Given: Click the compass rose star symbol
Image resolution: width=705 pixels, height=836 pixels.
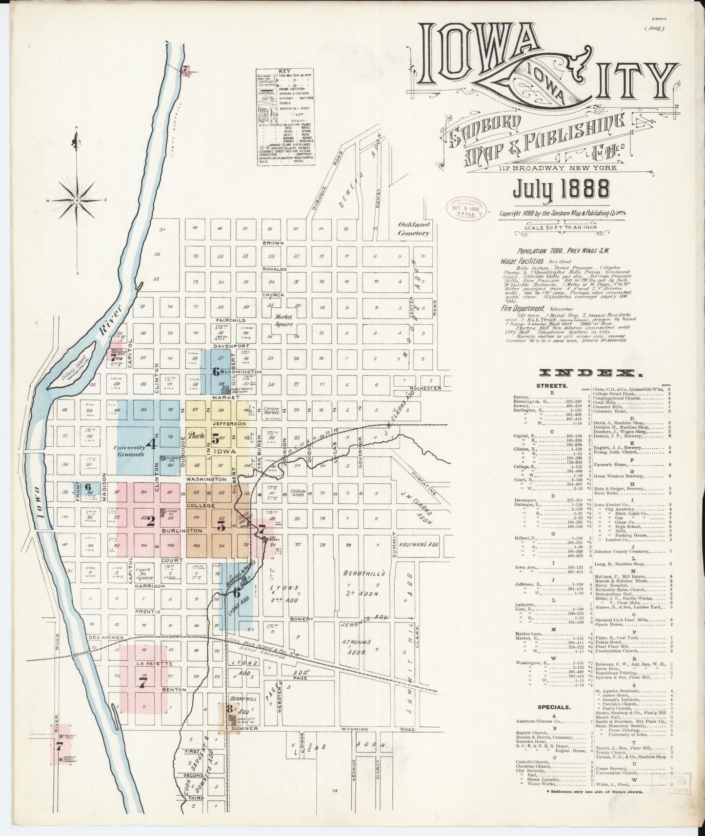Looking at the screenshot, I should coord(77,200).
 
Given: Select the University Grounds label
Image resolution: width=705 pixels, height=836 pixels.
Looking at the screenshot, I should coord(129,450).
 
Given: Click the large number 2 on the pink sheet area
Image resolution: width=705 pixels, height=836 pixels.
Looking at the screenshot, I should coord(151,521).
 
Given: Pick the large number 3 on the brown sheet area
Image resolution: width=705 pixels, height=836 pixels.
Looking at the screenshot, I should coord(221,526).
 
